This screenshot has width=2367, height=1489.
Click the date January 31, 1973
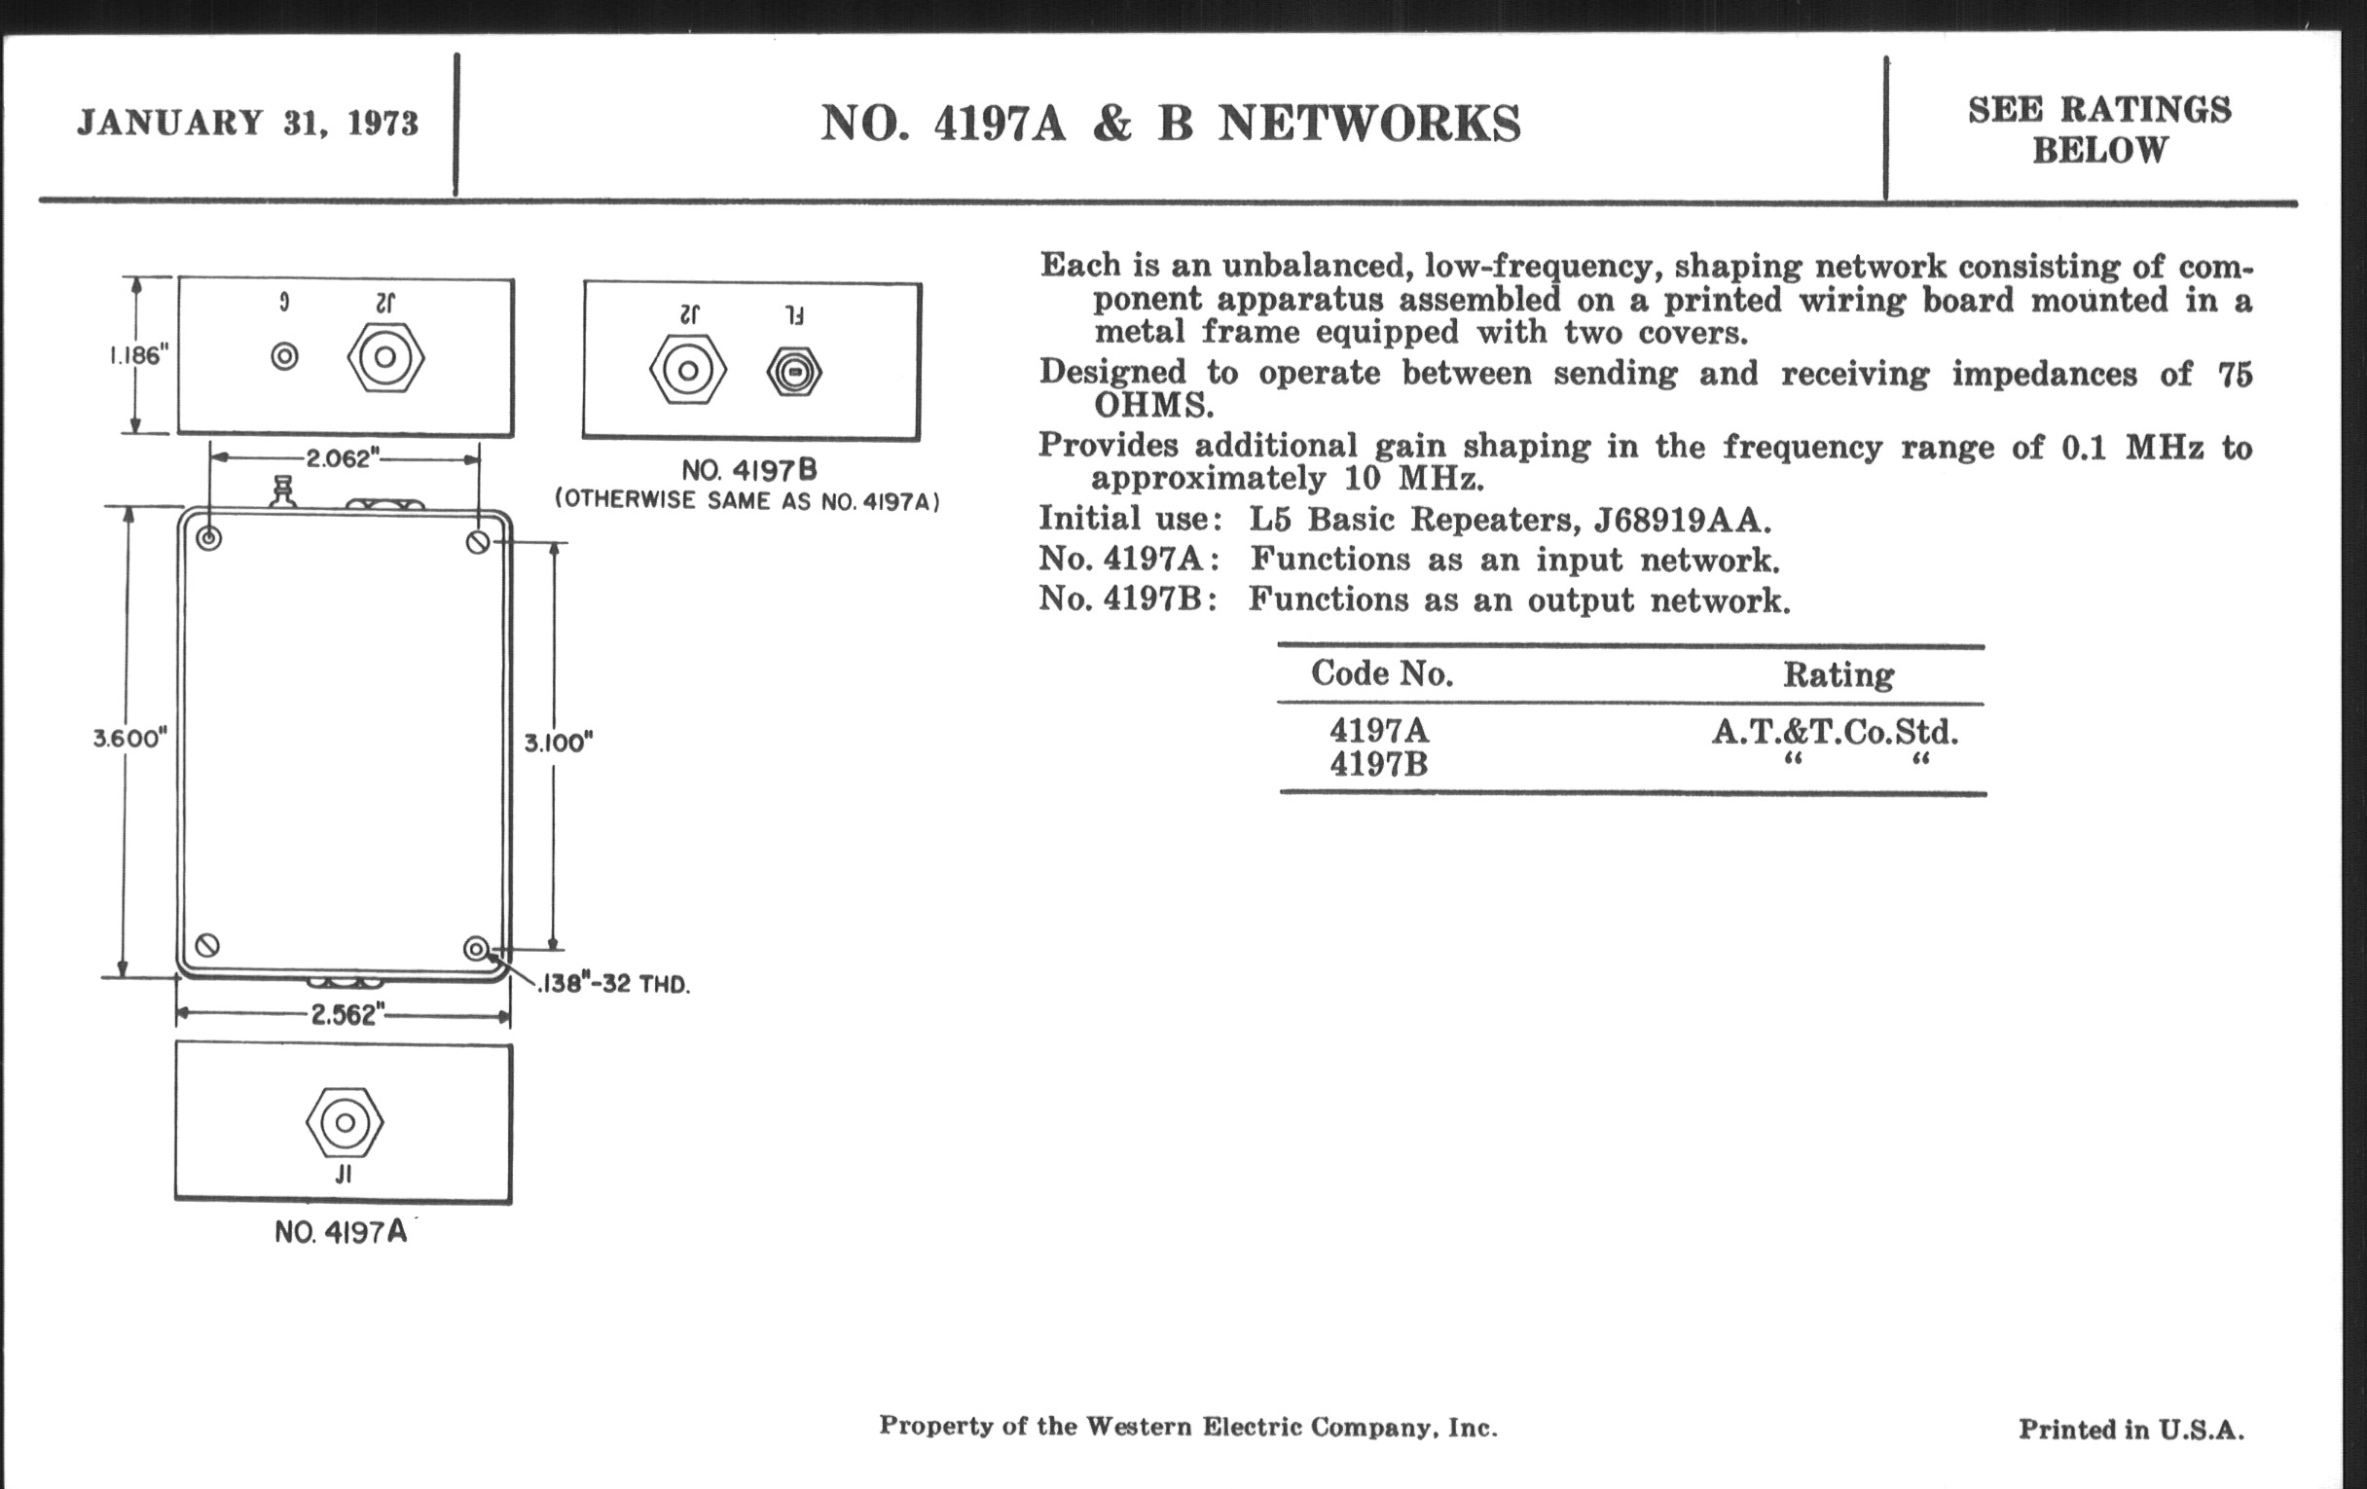tap(248, 124)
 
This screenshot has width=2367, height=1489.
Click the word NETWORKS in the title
tap(1369, 125)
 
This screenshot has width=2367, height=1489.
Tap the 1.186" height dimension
tap(138, 355)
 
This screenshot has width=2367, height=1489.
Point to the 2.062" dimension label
tap(342, 458)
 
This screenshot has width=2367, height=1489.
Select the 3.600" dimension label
tap(129, 738)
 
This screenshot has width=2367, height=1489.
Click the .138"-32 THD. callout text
tap(613, 984)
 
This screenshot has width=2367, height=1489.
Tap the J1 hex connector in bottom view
tap(344, 1121)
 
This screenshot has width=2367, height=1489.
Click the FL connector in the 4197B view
tap(793, 373)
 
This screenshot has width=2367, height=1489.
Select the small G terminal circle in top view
tap(284, 356)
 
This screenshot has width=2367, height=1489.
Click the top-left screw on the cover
tap(208, 538)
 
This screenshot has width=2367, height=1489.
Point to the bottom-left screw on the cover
tap(207, 946)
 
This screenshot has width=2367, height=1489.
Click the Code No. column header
tap(1381, 673)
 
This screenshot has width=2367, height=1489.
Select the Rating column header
tap(1839, 674)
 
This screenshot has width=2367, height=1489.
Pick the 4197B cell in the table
tap(1378, 764)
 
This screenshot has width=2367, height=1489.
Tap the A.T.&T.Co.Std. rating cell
tap(1835, 732)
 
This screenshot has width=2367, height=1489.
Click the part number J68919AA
tap(1682, 519)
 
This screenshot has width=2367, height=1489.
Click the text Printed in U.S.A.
tap(2131, 1429)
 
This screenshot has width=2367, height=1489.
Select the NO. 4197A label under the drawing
tap(341, 1232)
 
